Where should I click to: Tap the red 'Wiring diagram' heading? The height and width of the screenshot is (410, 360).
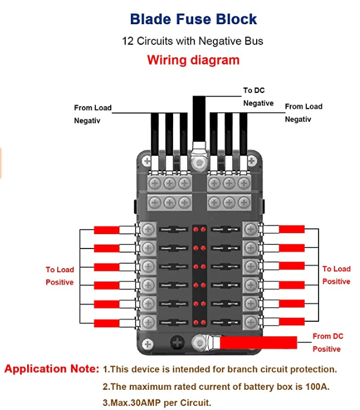(x=193, y=60)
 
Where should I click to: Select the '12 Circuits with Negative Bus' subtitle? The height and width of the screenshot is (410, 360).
(x=193, y=41)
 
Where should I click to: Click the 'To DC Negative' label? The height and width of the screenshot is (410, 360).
(x=258, y=96)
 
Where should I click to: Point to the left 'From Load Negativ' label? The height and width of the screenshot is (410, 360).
(x=92, y=114)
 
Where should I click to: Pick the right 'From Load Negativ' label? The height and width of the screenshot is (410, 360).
(x=303, y=112)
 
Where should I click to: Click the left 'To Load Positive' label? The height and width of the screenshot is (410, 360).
(x=60, y=276)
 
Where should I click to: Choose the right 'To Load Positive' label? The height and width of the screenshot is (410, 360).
(x=336, y=275)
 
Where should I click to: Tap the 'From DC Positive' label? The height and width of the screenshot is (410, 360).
(x=328, y=342)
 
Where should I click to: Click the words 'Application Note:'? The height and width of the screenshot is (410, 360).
(x=52, y=369)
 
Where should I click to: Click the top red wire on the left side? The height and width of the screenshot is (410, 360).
(x=107, y=230)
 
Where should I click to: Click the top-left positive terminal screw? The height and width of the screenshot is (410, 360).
(x=148, y=229)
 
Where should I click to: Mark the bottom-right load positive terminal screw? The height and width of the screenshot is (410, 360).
(x=250, y=321)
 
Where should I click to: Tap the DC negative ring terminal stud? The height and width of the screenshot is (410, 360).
(x=200, y=163)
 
